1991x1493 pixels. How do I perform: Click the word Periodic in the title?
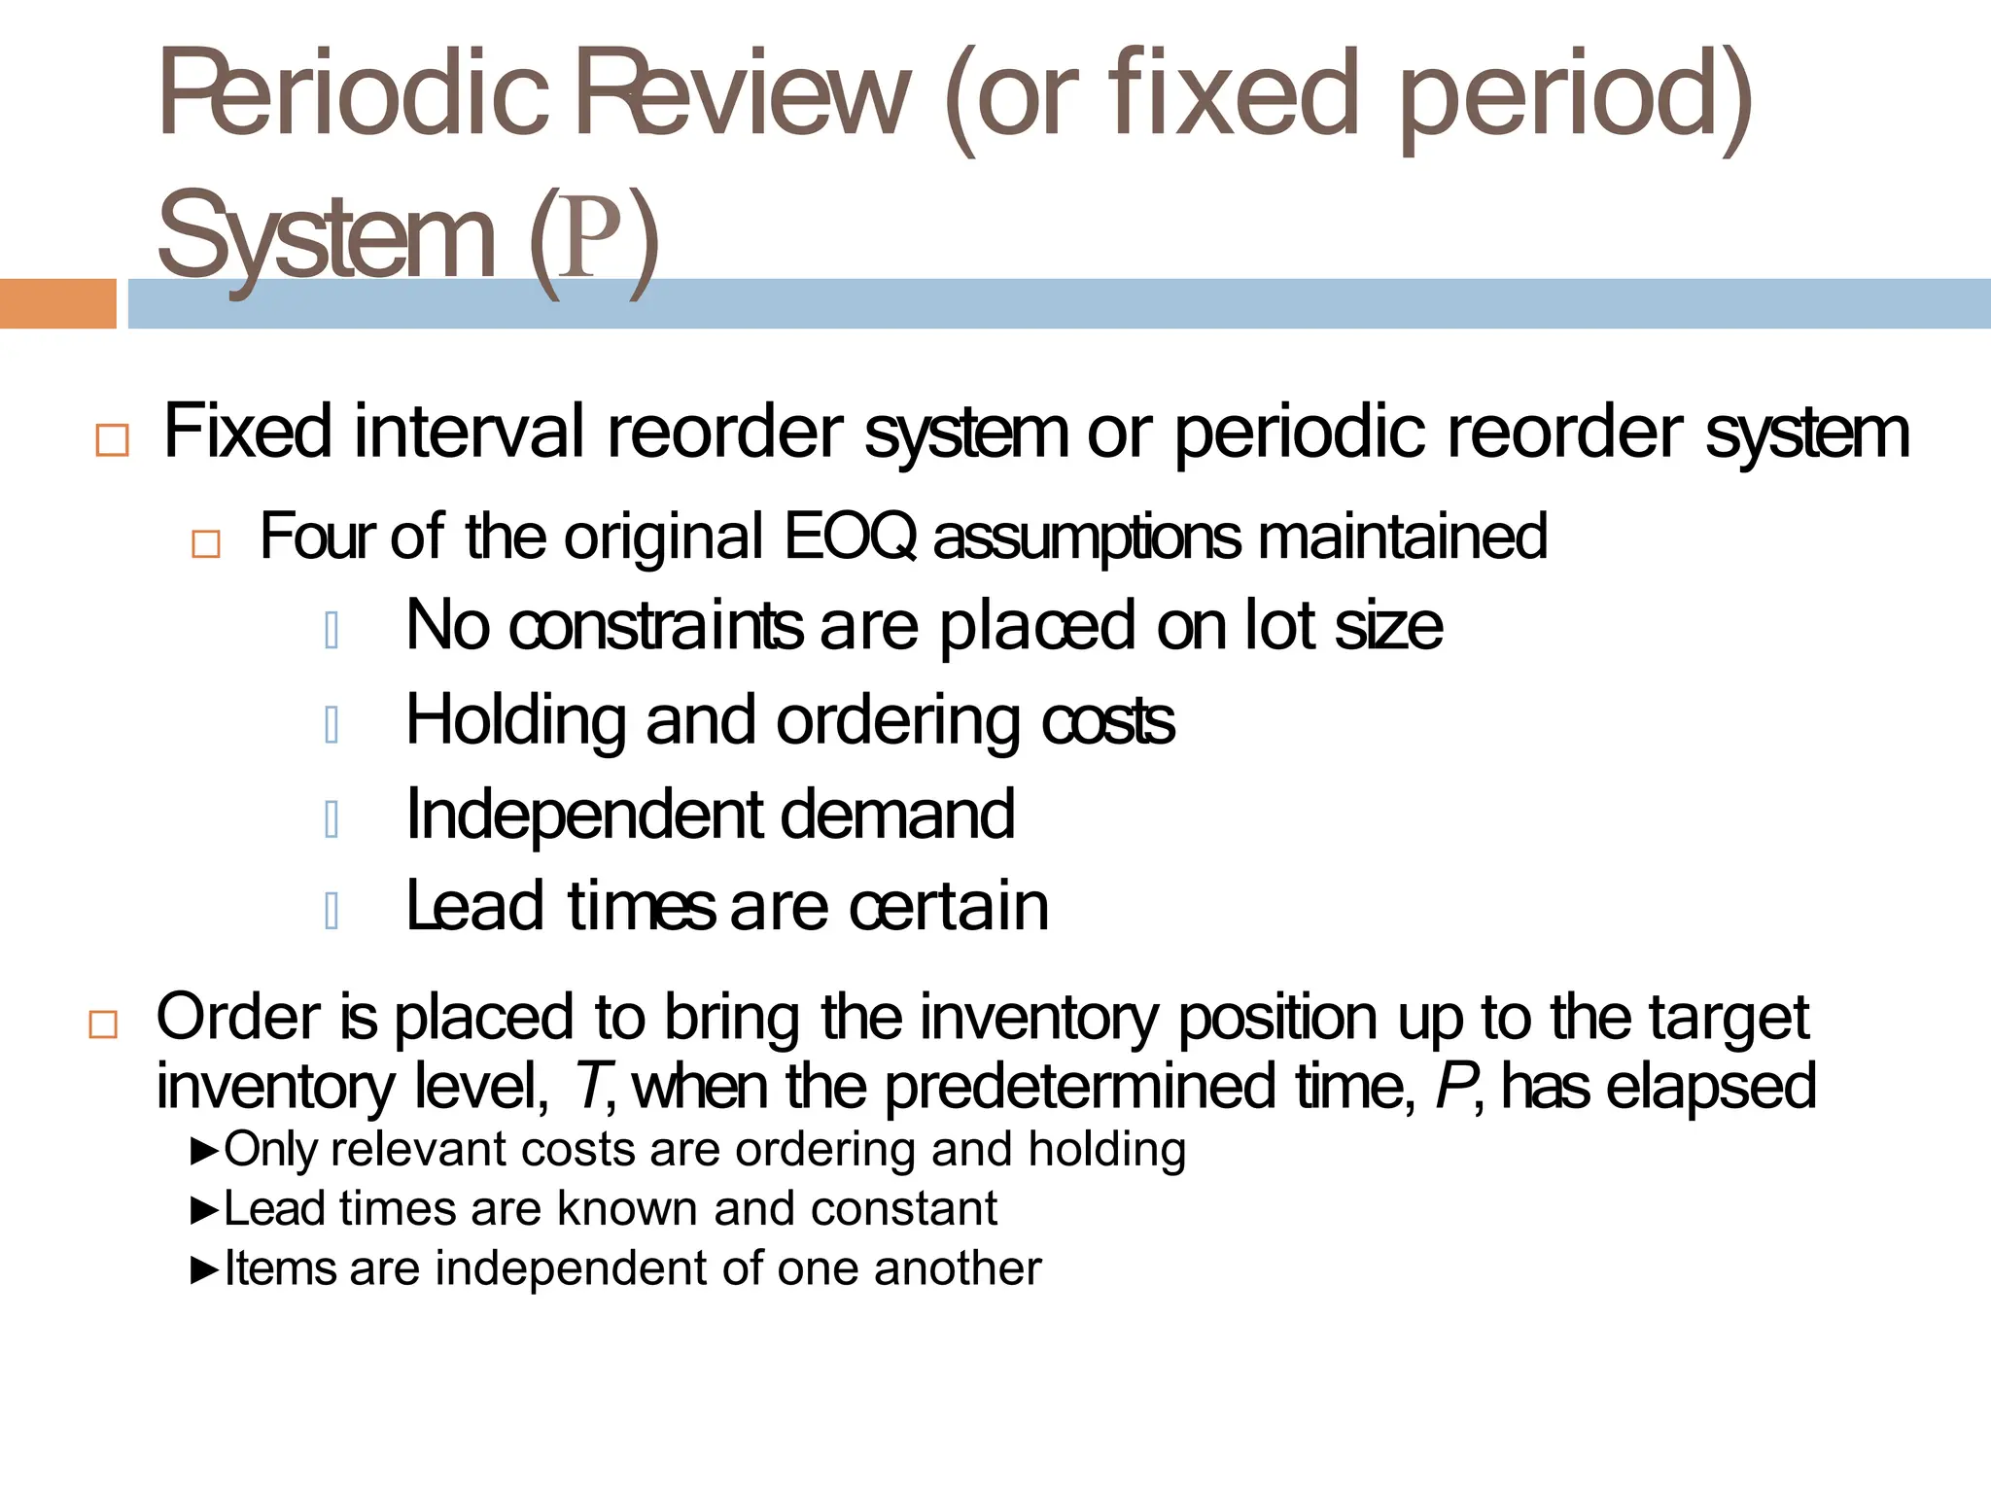[354, 95]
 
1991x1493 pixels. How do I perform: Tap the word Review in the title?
[743, 95]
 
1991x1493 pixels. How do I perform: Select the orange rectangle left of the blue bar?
[57, 303]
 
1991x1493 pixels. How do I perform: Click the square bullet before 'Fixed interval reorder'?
[113, 440]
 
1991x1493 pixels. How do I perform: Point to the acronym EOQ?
[850, 536]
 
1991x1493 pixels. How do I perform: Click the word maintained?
[1402, 536]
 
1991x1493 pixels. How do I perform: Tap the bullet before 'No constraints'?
[332, 631]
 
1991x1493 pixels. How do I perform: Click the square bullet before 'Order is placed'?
[103, 1025]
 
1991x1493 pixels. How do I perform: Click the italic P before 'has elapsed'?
[1454, 1086]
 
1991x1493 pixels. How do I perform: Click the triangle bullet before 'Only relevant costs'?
[205, 1152]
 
